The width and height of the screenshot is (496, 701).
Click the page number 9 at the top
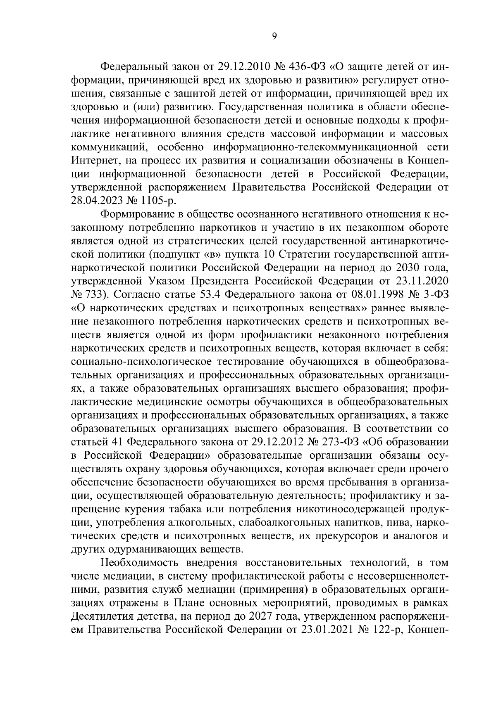[274, 36]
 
